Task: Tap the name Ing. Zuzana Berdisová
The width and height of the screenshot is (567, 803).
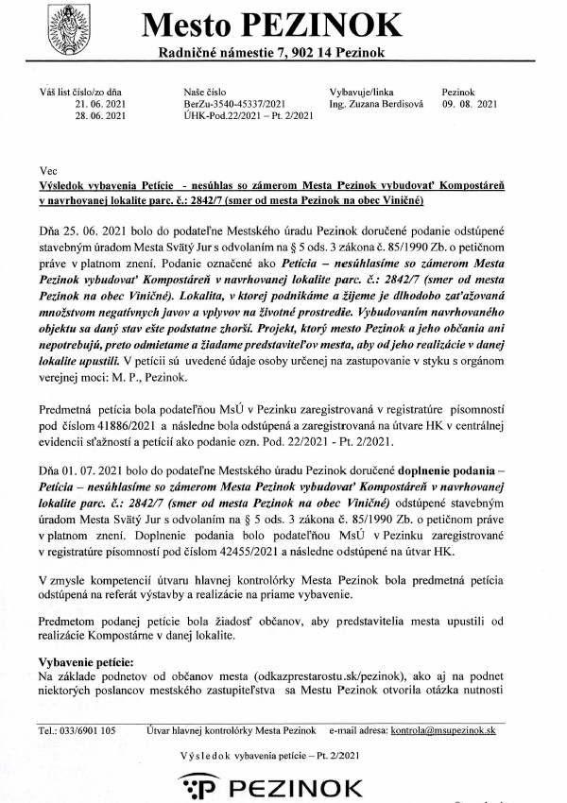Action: tap(371, 105)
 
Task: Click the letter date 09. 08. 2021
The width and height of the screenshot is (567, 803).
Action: tap(470, 105)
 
